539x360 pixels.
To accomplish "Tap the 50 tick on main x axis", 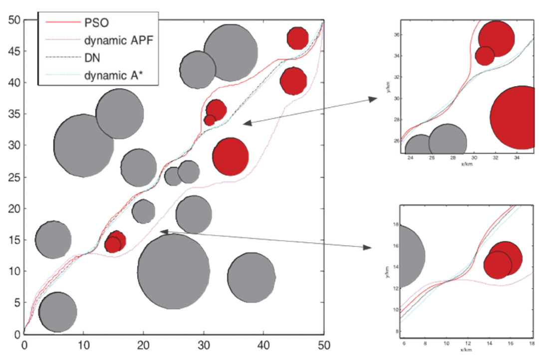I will (324, 344).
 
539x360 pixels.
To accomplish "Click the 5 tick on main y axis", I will (15, 303).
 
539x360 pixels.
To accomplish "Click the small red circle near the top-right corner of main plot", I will (297, 38).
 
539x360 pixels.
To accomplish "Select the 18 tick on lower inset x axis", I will (532, 343).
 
